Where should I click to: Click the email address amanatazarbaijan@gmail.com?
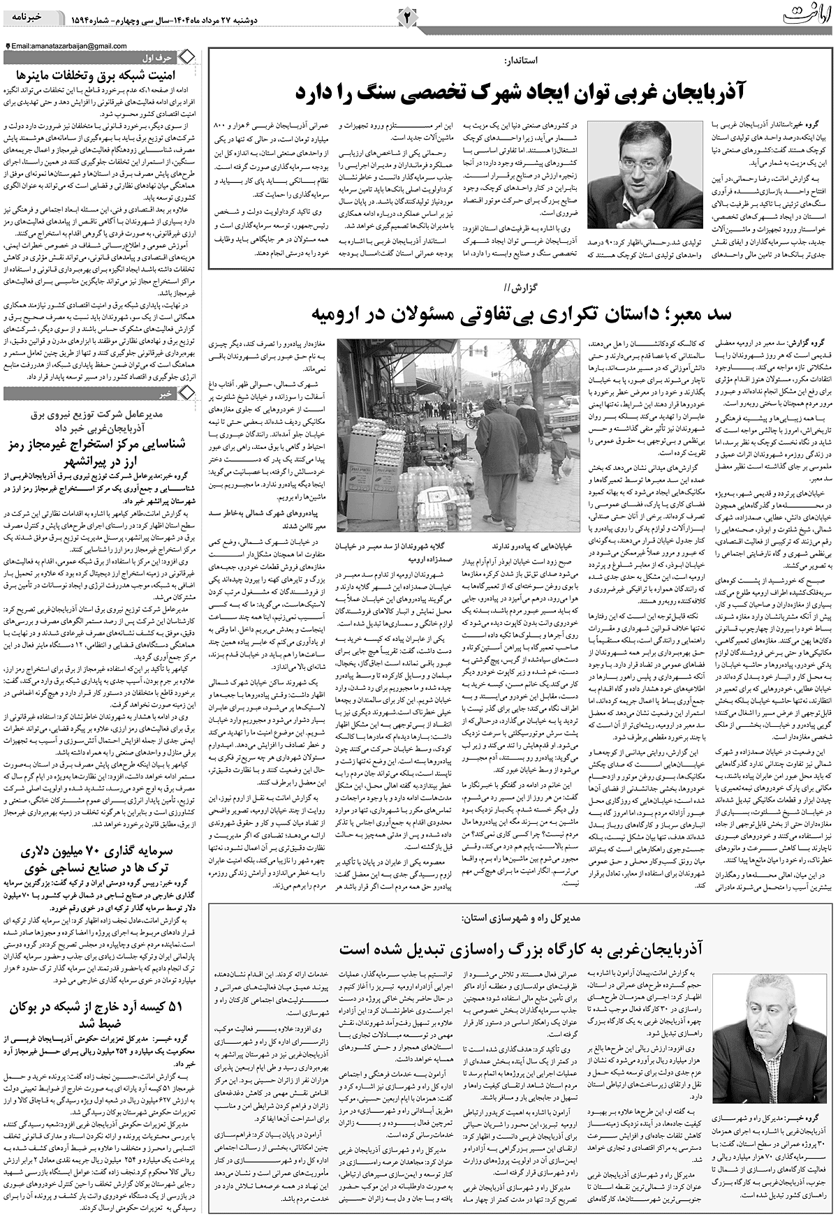click(69, 46)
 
